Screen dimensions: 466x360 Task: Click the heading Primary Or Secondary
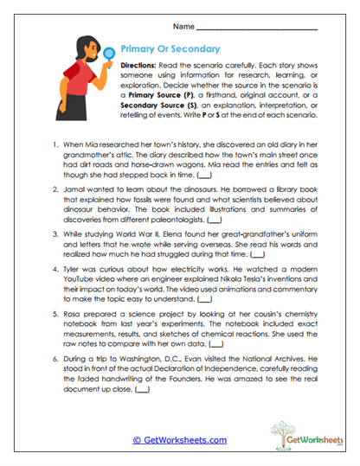(170, 50)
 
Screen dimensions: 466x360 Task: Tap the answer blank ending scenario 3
(257, 281)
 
